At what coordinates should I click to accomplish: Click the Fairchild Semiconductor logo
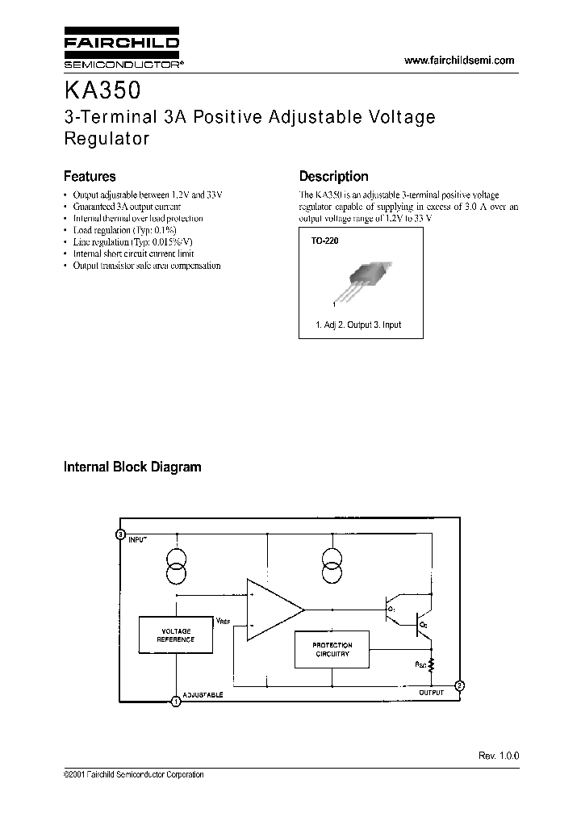[122, 51]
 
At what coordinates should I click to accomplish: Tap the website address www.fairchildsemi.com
[458, 61]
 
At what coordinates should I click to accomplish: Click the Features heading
[90, 176]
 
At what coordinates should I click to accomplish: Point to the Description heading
[333, 176]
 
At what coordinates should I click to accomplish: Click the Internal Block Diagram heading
[132, 467]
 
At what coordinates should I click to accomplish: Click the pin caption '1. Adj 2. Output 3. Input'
[357, 325]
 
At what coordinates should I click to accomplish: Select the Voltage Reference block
[176, 635]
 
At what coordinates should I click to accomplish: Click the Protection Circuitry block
[332, 650]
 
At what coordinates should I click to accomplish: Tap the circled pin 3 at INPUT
[120, 534]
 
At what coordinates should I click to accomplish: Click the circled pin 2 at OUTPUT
[459, 685]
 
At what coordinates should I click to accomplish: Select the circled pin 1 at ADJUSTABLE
[176, 702]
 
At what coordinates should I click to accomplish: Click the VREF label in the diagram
[224, 620]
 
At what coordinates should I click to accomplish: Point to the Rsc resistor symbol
[431, 665]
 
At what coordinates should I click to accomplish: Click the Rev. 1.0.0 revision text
[499, 755]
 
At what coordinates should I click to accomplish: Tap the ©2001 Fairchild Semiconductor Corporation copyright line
[133, 775]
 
